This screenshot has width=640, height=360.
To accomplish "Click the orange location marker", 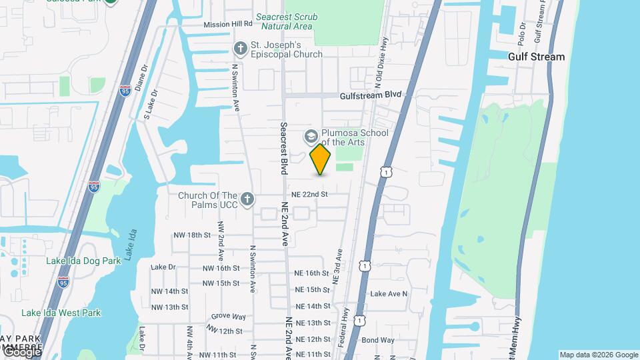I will pyautogui.click(x=321, y=159).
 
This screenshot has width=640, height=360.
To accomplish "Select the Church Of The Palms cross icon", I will pyautogui.click(x=247, y=199).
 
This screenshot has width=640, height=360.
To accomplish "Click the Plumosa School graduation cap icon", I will pyautogui.click(x=311, y=136).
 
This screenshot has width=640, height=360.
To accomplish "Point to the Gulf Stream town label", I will pyautogui.click(x=536, y=57).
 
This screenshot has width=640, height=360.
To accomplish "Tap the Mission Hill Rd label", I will pyautogui.click(x=228, y=24).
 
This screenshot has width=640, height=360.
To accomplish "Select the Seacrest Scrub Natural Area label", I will pyautogui.click(x=287, y=21).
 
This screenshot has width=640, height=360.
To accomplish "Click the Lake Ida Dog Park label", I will pyautogui.click(x=83, y=261).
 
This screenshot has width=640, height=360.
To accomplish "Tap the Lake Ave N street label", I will pyautogui.click(x=389, y=293).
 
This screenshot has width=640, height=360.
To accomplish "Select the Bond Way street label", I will pyautogui.click(x=378, y=340).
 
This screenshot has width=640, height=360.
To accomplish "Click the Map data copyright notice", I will pyautogui.click(x=599, y=355).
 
